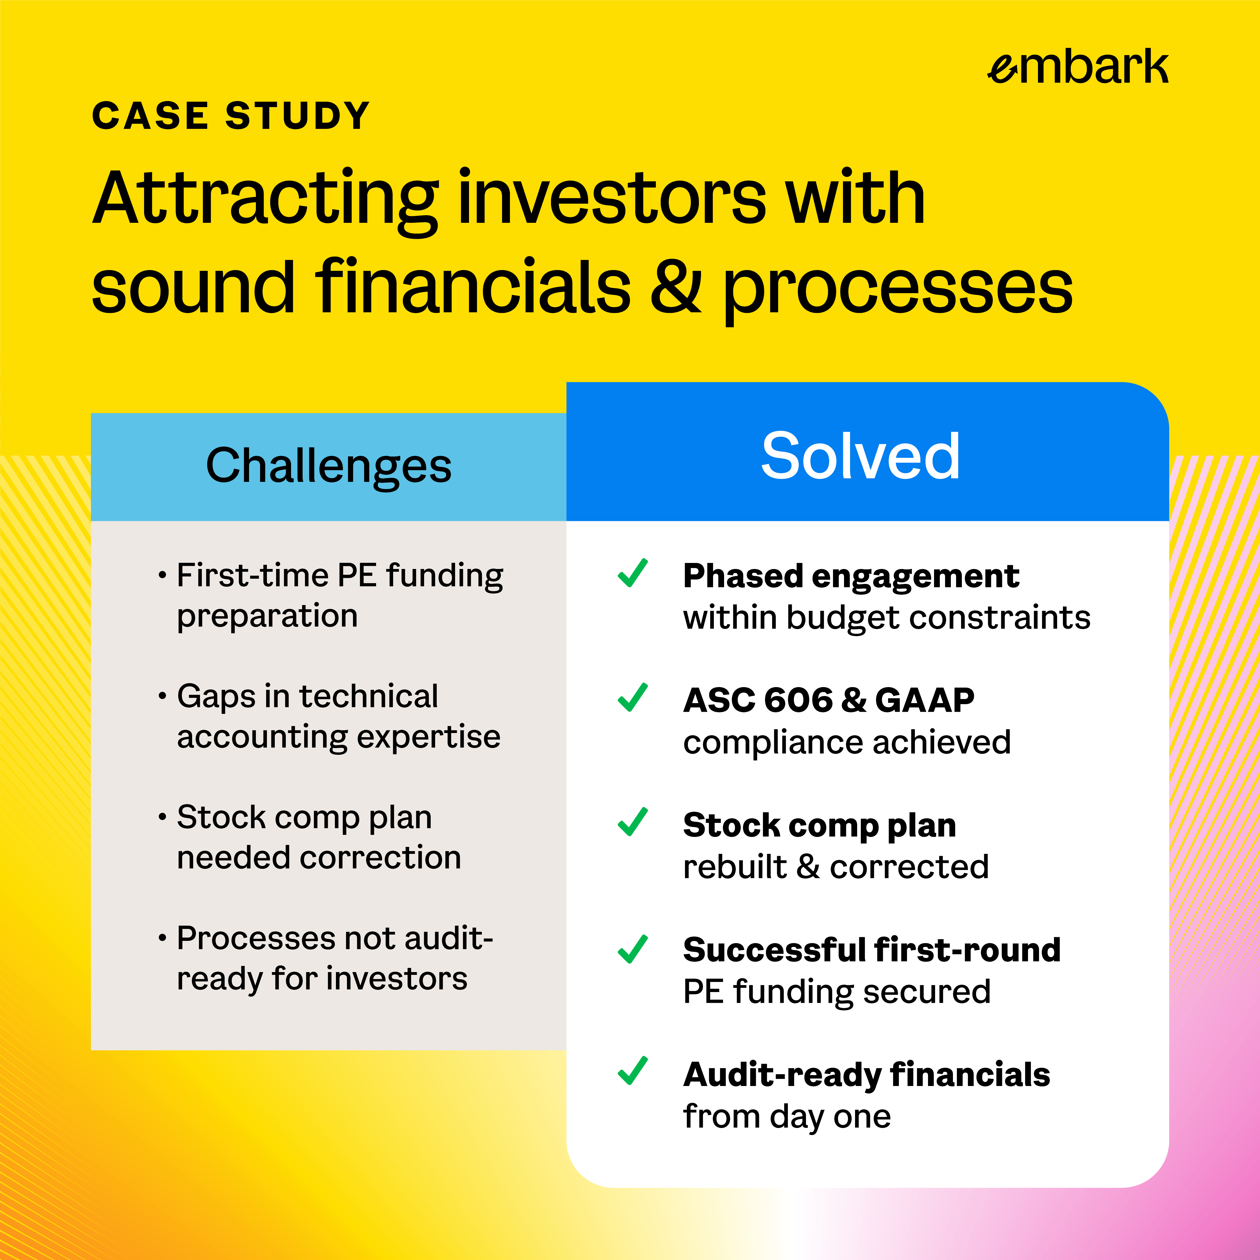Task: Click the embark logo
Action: coord(1077,67)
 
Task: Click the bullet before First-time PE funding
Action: coord(162,576)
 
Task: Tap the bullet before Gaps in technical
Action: coord(162,697)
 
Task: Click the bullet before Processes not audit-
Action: coord(162,939)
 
